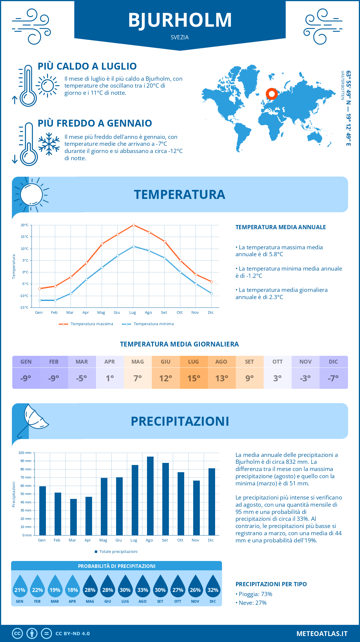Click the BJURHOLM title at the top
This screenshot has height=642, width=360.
[x=180, y=20]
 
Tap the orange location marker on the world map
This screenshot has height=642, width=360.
[x=271, y=94]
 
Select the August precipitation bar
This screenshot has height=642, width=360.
[x=150, y=496]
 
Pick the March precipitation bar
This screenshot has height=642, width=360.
[x=73, y=517]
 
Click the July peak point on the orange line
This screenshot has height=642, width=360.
[x=133, y=225]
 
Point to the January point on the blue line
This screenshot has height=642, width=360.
[x=40, y=300]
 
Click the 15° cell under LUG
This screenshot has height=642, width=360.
[x=193, y=378]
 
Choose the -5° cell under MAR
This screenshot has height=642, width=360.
[x=82, y=378]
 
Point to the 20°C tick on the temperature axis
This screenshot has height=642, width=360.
[x=25, y=225]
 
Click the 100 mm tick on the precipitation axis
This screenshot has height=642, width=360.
[x=25, y=453]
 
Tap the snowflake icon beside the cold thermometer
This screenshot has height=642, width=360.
[x=49, y=144]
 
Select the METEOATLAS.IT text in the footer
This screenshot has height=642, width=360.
[x=322, y=634]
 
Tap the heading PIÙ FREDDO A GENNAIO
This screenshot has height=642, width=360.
[x=95, y=123]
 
